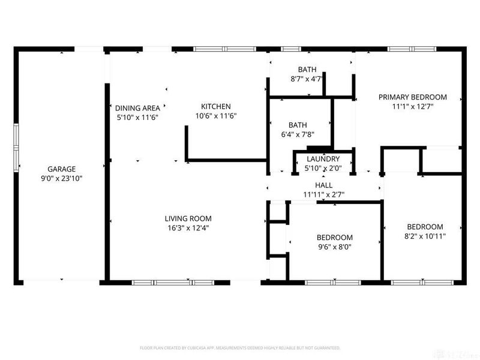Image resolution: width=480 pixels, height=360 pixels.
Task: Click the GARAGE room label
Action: pos(62,169)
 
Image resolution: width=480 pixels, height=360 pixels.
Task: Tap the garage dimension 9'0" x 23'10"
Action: pos(62,178)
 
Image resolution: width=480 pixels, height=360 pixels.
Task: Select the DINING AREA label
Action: pos(137,108)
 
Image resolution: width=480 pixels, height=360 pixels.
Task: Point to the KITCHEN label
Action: pos(216,106)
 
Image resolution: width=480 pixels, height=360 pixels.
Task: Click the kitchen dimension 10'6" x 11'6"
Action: pos(216,116)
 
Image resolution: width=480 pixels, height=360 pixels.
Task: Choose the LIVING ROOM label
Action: pos(188,218)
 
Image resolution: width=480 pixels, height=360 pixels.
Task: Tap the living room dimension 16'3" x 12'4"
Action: pos(188,227)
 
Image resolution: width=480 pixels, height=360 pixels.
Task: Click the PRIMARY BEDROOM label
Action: pos(412,97)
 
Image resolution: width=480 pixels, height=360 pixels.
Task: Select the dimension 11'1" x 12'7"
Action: pos(412,106)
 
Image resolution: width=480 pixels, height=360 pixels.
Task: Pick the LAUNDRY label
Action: pos(323,158)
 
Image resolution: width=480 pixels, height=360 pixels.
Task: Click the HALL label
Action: pos(323,186)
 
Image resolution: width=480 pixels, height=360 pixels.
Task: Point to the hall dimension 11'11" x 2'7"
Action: pos(323,195)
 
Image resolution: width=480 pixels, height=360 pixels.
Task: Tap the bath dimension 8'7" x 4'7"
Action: pos(307,79)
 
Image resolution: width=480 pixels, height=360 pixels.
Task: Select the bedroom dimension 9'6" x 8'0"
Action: pos(335,247)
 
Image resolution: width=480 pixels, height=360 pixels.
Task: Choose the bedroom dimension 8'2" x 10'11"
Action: pos(425,236)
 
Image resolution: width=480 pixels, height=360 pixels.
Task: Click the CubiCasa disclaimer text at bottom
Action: pos(240,347)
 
